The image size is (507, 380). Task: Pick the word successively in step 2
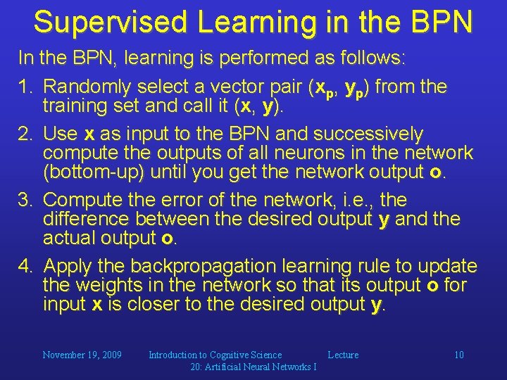tap(368, 134)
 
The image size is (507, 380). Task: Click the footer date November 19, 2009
tap(82, 355)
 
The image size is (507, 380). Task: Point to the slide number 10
tap(458, 355)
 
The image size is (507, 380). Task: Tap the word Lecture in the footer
tap(343, 355)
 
